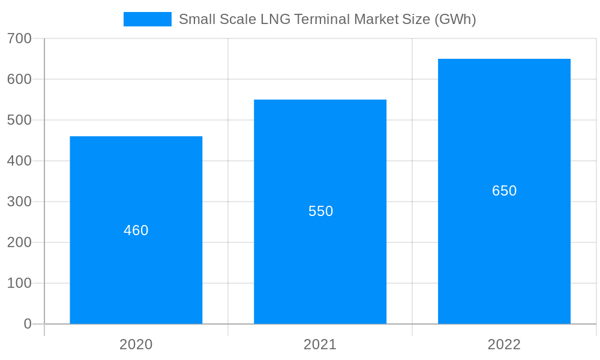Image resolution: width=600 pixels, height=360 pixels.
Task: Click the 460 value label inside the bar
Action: pyautogui.click(x=136, y=230)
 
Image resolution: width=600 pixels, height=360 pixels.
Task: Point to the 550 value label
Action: pyautogui.click(x=320, y=211)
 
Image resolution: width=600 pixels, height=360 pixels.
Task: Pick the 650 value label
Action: pyautogui.click(x=504, y=191)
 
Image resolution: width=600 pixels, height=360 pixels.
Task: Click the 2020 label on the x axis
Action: pyautogui.click(x=136, y=344)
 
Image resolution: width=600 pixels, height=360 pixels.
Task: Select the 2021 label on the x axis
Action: pyautogui.click(x=320, y=344)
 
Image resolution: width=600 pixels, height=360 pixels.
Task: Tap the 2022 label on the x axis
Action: pyautogui.click(x=504, y=344)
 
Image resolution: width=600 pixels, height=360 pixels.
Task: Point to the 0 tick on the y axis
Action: pyautogui.click(x=28, y=324)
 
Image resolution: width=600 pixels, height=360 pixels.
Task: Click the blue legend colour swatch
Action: pyautogui.click(x=148, y=19)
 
